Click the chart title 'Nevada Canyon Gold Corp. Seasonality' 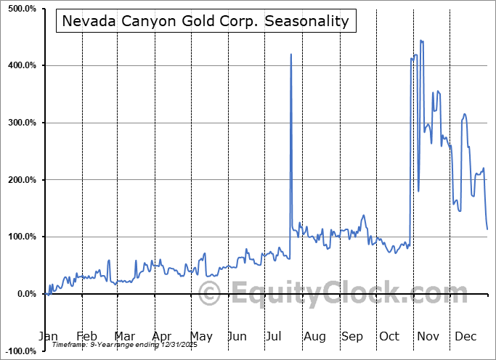click(206, 21)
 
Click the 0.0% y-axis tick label click(24, 294)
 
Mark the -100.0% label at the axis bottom click(20, 351)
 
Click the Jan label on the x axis click(47, 336)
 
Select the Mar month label click(124, 336)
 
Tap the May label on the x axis click(200, 336)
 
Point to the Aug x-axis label click(314, 336)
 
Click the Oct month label click(390, 336)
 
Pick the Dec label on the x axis click(465, 336)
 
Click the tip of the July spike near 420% click(291, 54)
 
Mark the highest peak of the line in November click(421, 41)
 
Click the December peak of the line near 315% click(464, 114)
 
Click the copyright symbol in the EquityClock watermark click(210, 295)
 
